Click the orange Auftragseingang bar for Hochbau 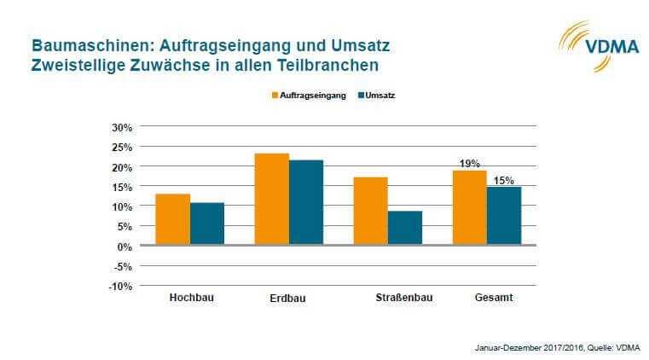[173, 219]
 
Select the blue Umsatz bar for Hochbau [207, 224]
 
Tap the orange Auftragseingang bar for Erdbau [272, 199]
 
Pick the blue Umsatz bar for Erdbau [306, 202]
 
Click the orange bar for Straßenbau [371, 211]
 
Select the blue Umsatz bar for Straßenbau [405, 228]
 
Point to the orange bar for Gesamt [469, 207]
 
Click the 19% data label [469, 163]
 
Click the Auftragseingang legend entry [309, 96]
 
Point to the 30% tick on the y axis [122, 127]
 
